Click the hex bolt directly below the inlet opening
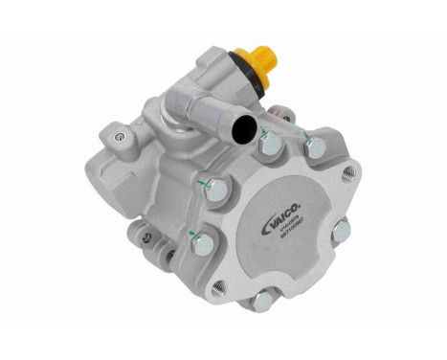point(270,145)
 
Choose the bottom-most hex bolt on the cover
point(258,303)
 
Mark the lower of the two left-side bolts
point(202,244)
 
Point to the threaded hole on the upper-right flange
point(348,173)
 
